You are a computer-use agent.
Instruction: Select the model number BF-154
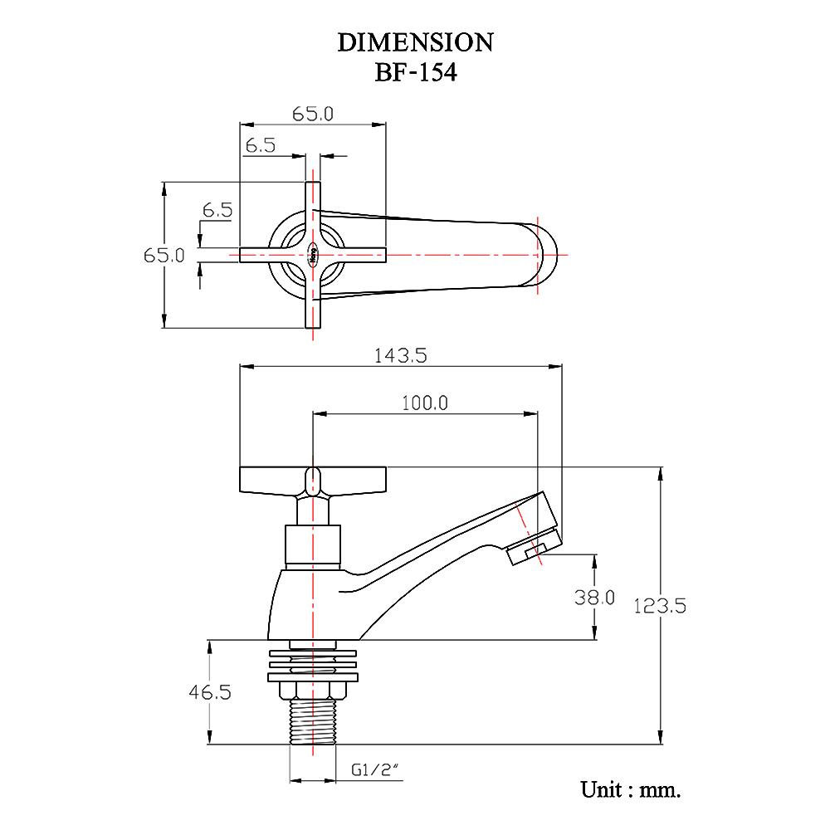click(x=416, y=72)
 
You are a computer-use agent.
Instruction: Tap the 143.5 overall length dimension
click(x=400, y=356)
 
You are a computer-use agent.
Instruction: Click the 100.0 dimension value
click(x=424, y=403)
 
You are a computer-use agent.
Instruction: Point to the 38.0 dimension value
click(x=594, y=597)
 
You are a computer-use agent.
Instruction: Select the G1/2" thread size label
click(x=375, y=770)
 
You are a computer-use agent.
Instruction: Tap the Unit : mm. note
click(x=631, y=789)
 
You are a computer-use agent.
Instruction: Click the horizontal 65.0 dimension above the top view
click(x=313, y=115)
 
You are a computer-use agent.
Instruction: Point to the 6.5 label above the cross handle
click(x=261, y=145)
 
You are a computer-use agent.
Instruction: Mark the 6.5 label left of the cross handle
click(x=217, y=210)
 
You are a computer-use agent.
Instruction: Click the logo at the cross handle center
click(x=313, y=255)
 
